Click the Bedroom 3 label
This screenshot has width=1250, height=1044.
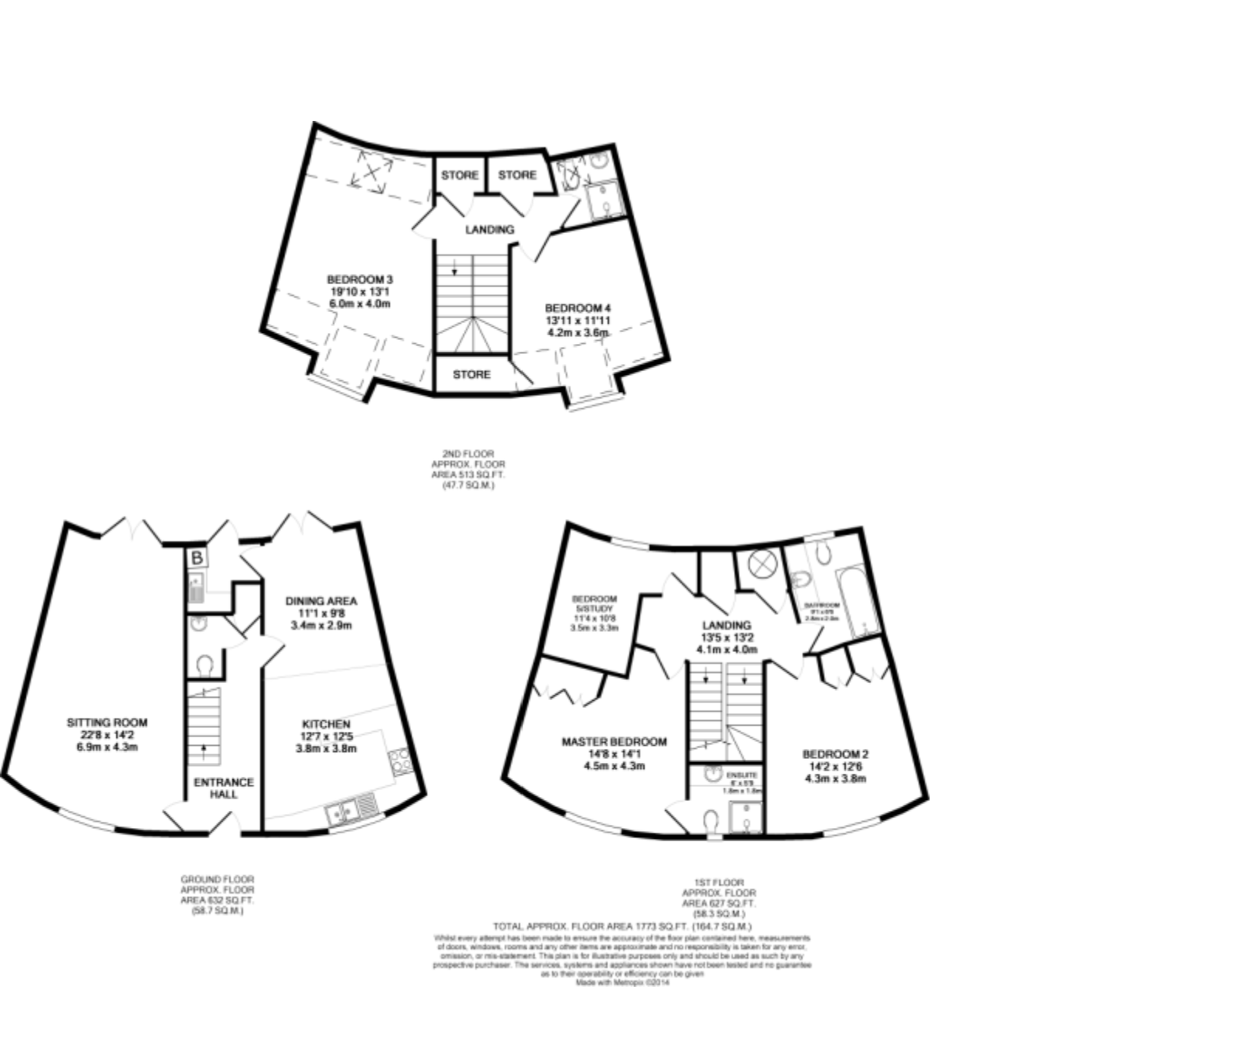[359, 280]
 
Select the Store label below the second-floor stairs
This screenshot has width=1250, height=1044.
[471, 375]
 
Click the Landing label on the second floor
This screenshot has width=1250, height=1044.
[489, 230]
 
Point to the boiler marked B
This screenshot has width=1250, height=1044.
[197, 558]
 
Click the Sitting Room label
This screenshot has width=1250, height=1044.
[107, 723]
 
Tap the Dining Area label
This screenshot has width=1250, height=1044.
[321, 601]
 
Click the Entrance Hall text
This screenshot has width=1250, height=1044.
[224, 788]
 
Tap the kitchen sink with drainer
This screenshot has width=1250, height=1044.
[352, 811]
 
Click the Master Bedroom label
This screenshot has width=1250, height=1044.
[614, 742]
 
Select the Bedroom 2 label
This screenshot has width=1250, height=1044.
[835, 754]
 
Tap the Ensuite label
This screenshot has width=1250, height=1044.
[742, 774]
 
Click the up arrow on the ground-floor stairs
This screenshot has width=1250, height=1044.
[204, 748]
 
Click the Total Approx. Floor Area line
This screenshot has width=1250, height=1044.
[622, 926]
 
